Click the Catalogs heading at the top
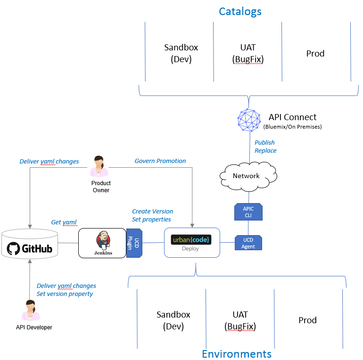(240, 11)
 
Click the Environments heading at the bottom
(237, 353)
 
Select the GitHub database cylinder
(29, 244)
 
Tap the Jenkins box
(102, 243)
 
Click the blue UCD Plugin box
(134, 243)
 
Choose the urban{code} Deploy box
(192, 243)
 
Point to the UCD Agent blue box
(248, 243)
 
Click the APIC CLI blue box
(248, 212)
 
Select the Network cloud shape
(246, 176)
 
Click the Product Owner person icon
(99, 166)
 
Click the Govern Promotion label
(160, 161)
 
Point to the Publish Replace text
(265, 147)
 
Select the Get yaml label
(64, 222)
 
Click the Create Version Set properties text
(152, 215)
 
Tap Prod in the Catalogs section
(315, 53)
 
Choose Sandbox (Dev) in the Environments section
(173, 320)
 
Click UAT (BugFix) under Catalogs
(248, 53)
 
